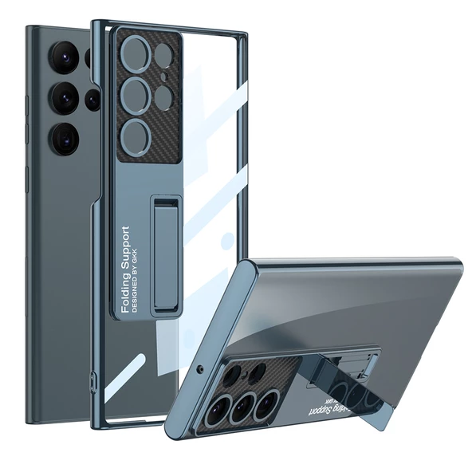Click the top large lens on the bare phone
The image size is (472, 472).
click(64, 57)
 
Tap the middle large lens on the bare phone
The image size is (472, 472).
click(65, 98)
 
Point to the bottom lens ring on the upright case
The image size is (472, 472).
click(136, 134)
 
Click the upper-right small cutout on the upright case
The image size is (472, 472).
click(163, 55)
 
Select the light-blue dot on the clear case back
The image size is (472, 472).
click(227, 239)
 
